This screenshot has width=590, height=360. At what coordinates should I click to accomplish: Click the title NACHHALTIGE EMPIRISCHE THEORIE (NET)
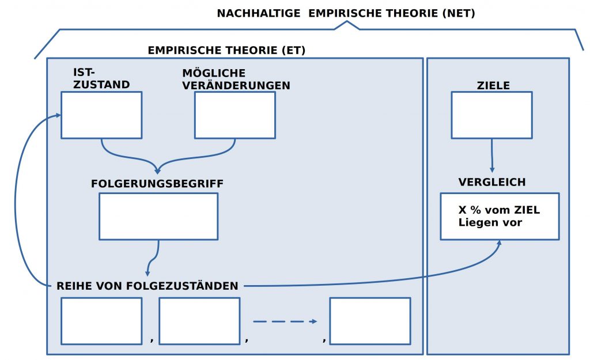coord(346,13)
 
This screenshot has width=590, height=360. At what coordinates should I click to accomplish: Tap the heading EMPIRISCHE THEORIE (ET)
coord(226,50)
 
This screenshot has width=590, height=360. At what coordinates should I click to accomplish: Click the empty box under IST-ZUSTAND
coord(101,115)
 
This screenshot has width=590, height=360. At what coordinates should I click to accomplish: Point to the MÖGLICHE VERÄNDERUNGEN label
coord(236,79)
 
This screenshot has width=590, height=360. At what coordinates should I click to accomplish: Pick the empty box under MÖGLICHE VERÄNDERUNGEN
coord(235,115)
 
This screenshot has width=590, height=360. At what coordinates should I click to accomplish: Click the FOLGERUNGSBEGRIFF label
coord(157,184)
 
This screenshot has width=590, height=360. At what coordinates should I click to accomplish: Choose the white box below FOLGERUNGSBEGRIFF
coord(158,216)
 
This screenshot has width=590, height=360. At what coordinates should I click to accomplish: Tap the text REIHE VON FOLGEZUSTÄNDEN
coord(147,286)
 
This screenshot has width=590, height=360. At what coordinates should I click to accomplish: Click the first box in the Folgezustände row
coord(101,321)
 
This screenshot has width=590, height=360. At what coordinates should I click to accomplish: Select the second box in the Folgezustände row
coord(199,321)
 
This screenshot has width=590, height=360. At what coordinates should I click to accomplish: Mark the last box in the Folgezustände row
coord(370,321)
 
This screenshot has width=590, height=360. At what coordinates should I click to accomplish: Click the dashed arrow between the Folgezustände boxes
coord(285,321)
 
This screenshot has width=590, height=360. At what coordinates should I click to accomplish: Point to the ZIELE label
coord(493,85)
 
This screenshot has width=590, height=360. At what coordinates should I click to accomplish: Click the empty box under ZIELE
coord(491,115)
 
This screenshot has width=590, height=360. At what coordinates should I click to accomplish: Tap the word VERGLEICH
coord(492,182)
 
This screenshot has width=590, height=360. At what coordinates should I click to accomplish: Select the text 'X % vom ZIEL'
coord(499,210)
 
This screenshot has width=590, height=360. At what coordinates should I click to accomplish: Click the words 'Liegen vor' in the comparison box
coord(490,222)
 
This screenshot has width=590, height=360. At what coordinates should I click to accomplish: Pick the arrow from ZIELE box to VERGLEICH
coord(491,156)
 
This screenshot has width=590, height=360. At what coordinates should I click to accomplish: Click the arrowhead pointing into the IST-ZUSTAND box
coord(58,116)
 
